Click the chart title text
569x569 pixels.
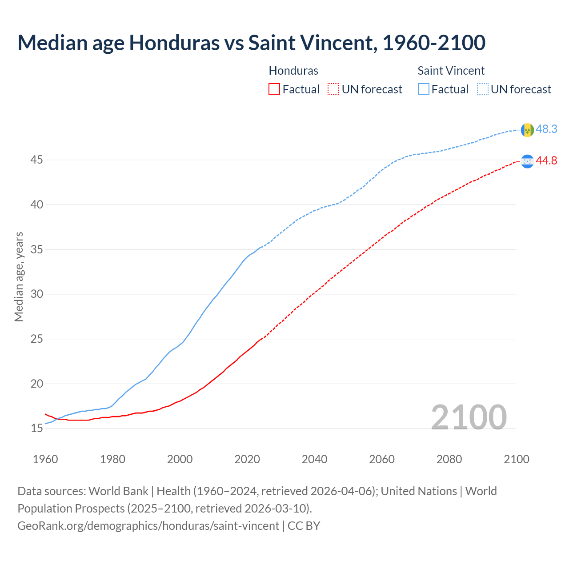251,43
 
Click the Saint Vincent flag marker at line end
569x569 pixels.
527,130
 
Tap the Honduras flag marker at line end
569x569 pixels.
527,161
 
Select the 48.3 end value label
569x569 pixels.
546,129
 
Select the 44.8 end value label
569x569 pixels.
546,161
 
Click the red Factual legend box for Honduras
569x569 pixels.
274,89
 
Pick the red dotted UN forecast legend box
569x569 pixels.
333,89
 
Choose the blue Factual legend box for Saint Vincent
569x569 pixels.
424,89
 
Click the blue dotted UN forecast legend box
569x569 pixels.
482,89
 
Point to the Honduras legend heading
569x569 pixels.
293,71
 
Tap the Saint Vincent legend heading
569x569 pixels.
451,71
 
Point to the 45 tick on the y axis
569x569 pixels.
36,160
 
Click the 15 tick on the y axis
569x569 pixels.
36,429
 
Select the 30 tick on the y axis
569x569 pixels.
36,294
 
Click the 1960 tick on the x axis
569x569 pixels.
45,459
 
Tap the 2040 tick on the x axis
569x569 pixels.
314,459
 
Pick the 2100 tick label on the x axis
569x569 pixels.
516,459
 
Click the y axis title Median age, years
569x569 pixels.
19,276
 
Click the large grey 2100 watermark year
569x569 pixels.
469,417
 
